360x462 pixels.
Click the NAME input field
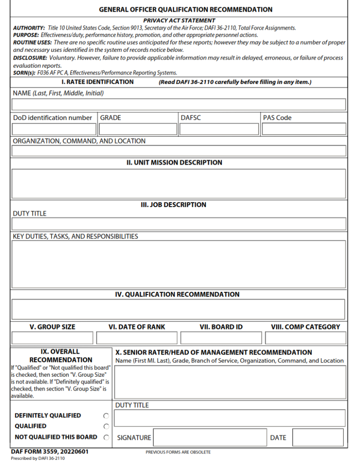(179, 105)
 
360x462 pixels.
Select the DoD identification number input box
(54, 129)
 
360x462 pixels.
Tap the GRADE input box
(138, 129)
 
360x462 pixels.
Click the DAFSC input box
(219, 129)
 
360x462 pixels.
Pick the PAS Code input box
(304, 129)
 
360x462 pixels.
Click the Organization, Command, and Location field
(179, 151)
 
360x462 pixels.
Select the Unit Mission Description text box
(179, 184)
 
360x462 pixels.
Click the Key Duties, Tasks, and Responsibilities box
(179, 264)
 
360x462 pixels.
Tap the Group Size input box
(52, 338)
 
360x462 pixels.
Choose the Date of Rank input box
(137, 338)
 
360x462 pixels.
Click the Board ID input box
(221, 338)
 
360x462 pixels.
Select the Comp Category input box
(305, 338)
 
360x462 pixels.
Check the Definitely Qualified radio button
(106, 416)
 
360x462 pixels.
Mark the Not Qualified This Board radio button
(106, 437)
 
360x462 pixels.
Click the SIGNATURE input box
(210, 438)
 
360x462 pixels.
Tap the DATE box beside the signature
(318, 438)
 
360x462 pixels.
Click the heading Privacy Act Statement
(179, 20)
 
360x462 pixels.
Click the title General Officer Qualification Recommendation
(185, 9)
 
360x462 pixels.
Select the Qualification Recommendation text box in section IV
(179, 309)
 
